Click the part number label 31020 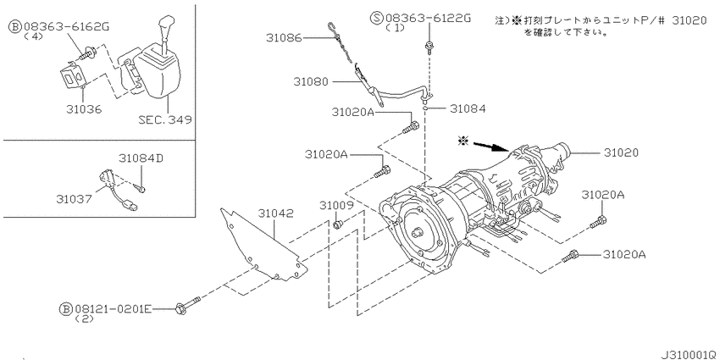[620, 152]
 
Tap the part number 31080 [312, 83]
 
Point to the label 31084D [141, 158]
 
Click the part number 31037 [75, 199]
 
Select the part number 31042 [276, 214]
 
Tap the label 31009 [336, 206]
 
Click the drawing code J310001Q [682, 349]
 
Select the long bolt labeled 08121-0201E [188, 304]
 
